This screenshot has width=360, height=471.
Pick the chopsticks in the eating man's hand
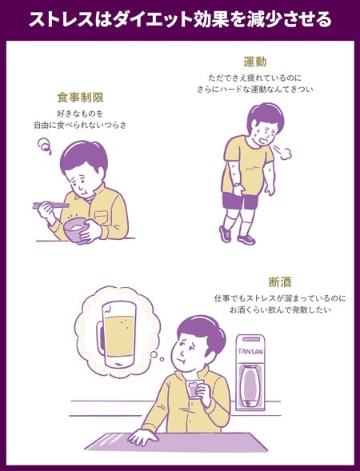click(50, 206)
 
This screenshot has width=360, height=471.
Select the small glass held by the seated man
click(193, 389)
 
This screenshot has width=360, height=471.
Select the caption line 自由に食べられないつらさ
click(80, 126)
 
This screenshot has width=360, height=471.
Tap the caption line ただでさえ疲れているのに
click(254, 78)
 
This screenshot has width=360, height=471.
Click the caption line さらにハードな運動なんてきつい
click(254, 90)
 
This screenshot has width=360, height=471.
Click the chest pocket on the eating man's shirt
click(100, 216)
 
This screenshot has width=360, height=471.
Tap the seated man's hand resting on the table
click(140, 437)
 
